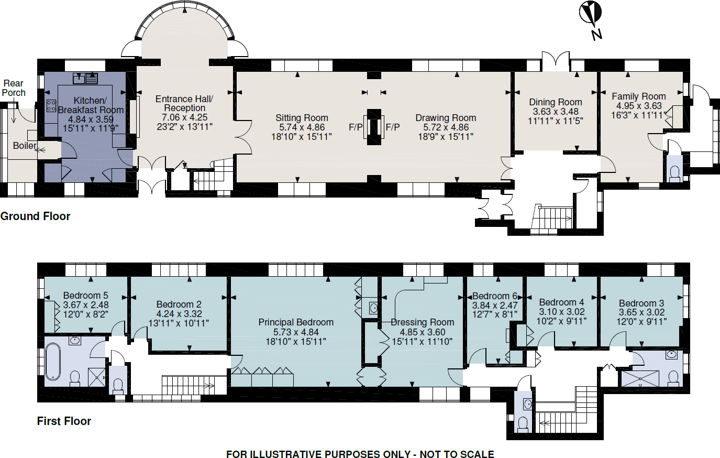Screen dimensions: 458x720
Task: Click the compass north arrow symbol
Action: [x=591, y=15]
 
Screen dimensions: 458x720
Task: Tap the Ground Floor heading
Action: [x=35, y=216]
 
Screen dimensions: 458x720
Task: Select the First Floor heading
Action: [x=64, y=421]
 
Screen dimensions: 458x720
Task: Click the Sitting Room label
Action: [x=302, y=118]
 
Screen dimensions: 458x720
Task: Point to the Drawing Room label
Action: [x=446, y=118]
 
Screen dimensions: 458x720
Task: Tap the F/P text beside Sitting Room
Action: [x=356, y=127]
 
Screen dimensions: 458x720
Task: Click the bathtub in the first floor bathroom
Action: [x=53, y=361]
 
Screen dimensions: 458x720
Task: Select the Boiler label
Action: [x=25, y=146]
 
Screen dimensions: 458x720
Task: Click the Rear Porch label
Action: [x=14, y=88]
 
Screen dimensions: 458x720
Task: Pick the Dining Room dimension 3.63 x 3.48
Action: [x=556, y=112]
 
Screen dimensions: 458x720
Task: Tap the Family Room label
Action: [x=639, y=96]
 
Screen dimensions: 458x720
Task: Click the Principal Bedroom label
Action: [x=296, y=322]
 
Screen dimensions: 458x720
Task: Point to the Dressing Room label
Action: [x=423, y=322]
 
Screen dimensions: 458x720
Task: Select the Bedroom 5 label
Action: [x=85, y=296]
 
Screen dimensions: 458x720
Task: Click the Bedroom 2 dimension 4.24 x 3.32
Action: [x=179, y=314]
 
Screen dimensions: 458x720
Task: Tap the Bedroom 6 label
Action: [x=495, y=296]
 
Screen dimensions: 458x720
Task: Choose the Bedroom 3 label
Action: [x=641, y=303]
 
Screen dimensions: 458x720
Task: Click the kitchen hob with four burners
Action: [x=51, y=105]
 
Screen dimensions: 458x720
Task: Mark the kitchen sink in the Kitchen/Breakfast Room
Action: [x=85, y=79]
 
